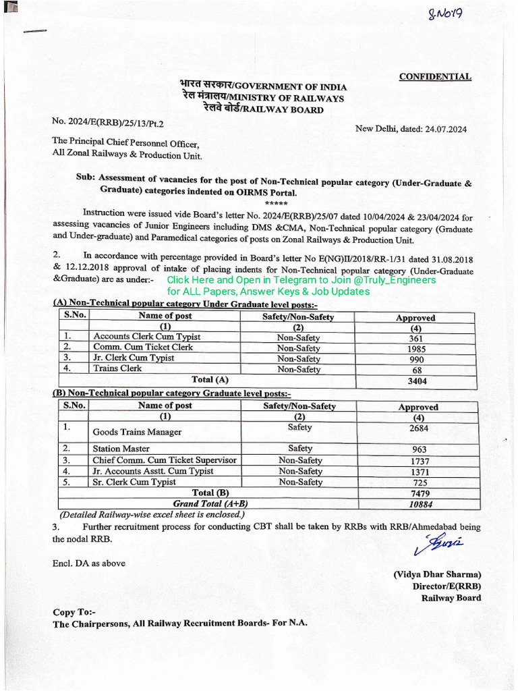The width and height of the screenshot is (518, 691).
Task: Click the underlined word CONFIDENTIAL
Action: point(435,77)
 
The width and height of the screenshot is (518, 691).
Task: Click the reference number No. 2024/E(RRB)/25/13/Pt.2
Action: point(108,123)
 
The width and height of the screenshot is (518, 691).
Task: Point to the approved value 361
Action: point(415,339)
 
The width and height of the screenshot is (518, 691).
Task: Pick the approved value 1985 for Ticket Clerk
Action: point(417,350)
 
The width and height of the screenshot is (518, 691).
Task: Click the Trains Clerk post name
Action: point(117,368)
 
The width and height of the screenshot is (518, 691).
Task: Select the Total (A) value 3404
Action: point(417,381)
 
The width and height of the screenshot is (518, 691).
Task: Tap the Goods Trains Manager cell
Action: point(137,432)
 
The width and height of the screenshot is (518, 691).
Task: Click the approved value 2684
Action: point(418,429)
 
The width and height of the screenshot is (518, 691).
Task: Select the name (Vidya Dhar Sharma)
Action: point(437,575)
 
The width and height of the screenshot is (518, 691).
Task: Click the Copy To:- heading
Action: point(74,612)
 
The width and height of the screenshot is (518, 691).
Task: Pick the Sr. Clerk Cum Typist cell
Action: point(134,482)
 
